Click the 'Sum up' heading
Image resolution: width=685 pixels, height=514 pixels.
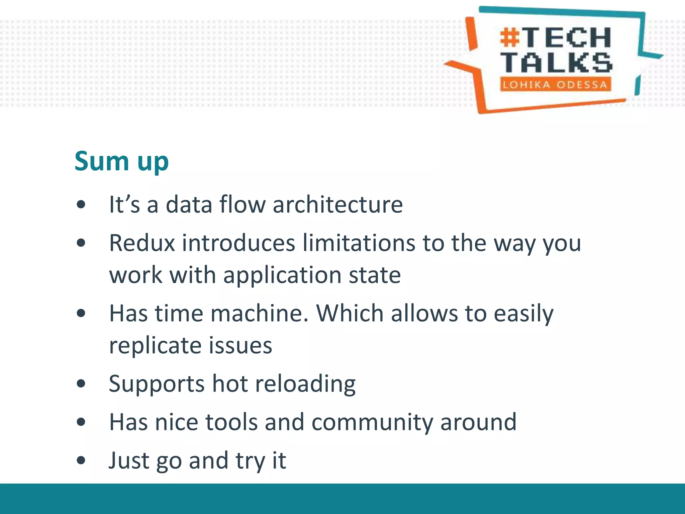[121, 162]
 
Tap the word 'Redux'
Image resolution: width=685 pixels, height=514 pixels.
[142, 243]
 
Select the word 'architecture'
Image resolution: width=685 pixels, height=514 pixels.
[337, 204]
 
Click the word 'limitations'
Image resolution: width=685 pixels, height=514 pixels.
[358, 243]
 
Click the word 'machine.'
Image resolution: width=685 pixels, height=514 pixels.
[259, 314]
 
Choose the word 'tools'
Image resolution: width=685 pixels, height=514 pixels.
[231, 422]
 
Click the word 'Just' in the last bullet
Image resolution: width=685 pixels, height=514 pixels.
[129, 460]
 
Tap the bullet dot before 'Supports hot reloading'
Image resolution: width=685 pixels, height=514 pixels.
[81, 384]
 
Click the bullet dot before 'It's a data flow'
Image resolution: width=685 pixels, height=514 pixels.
[81, 204]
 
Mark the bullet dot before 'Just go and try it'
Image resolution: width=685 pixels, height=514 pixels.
[81, 460]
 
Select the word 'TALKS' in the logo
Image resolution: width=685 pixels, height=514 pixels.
[556, 63]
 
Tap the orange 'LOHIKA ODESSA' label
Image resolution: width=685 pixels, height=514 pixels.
[555, 85]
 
